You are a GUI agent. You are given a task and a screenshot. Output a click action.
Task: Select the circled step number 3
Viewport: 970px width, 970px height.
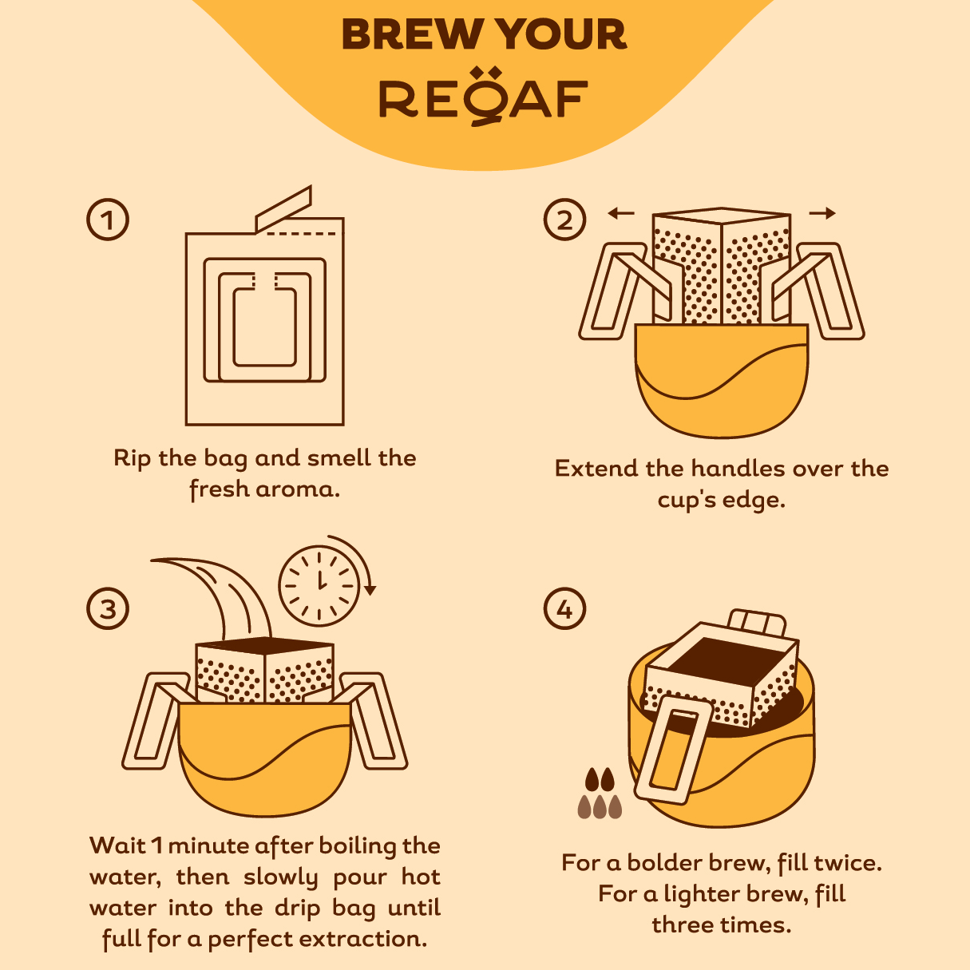pyautogui.click(x=108, y=609)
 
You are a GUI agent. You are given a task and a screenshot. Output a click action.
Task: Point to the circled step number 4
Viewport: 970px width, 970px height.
pyautogui.click(x=564, y=609)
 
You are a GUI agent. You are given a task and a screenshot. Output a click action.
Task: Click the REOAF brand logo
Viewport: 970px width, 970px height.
pyautogui.click(x=484, y=98)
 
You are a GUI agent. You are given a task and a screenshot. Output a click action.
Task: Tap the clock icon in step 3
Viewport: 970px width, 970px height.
pyautogui.click(x=319, y=585)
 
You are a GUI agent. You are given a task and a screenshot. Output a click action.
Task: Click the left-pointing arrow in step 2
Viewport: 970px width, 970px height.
pyautogui.click(x=620, y=213)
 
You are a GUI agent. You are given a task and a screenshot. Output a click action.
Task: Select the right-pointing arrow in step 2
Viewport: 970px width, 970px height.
pyautogui.click(x=822, y=213)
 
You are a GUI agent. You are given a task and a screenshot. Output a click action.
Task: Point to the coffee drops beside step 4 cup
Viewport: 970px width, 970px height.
pyautogui.click(x=600, y=794)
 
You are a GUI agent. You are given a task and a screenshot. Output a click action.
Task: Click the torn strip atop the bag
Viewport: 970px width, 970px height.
pyautogui.click(x=283, y=208)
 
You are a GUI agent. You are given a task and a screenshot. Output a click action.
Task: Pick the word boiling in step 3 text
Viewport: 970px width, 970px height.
pyautogui.click(x=347, y=845)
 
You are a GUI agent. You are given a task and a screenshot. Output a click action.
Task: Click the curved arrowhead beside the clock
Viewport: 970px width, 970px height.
pyautogui.click(x=370, y=590)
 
